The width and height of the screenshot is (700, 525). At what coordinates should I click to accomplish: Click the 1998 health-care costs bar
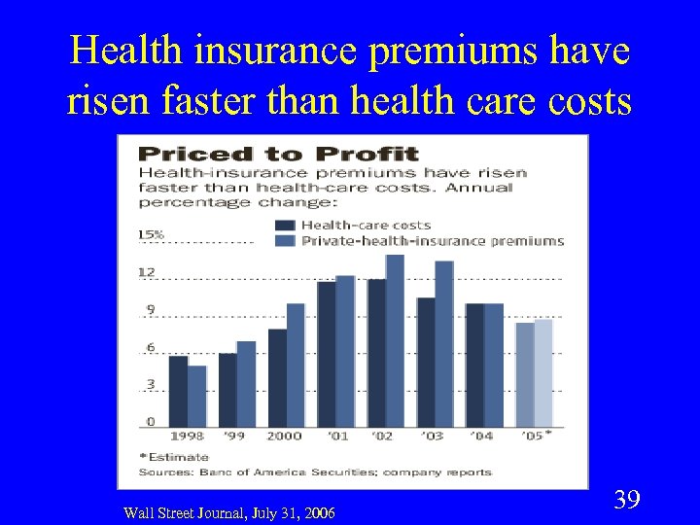point(178,390)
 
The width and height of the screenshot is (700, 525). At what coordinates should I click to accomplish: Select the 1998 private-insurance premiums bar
point(197,395)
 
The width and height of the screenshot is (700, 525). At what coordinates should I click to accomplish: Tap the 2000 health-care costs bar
point(277,376)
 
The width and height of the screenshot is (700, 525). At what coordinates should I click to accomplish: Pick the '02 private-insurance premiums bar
point(395,339)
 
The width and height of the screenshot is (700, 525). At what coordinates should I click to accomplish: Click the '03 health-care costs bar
point(425,361)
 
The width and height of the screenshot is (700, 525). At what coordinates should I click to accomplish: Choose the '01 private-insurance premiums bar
point(345,350)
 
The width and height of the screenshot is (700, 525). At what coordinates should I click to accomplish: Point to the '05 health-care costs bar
point(525,373)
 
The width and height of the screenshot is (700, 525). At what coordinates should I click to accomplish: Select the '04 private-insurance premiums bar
point(494,364)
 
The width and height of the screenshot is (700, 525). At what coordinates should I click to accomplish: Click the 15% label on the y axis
point(151,234)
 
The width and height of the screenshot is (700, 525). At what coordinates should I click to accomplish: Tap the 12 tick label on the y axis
point(147,272)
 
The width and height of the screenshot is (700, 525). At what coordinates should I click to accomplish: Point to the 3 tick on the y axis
point(151,384)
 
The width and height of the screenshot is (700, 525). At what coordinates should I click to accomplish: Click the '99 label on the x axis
point(234,436)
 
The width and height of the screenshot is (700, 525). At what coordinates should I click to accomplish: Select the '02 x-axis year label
point(382,436)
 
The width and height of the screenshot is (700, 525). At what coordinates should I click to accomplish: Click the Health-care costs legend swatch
point(287,225)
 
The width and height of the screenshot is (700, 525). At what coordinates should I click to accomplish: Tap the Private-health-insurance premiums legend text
point(433,240)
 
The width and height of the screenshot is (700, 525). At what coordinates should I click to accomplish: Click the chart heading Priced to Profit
point(278,154)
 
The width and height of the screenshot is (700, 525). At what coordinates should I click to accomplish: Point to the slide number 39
point(627,501)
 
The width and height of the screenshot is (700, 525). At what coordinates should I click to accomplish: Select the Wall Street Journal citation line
point(229,512)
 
